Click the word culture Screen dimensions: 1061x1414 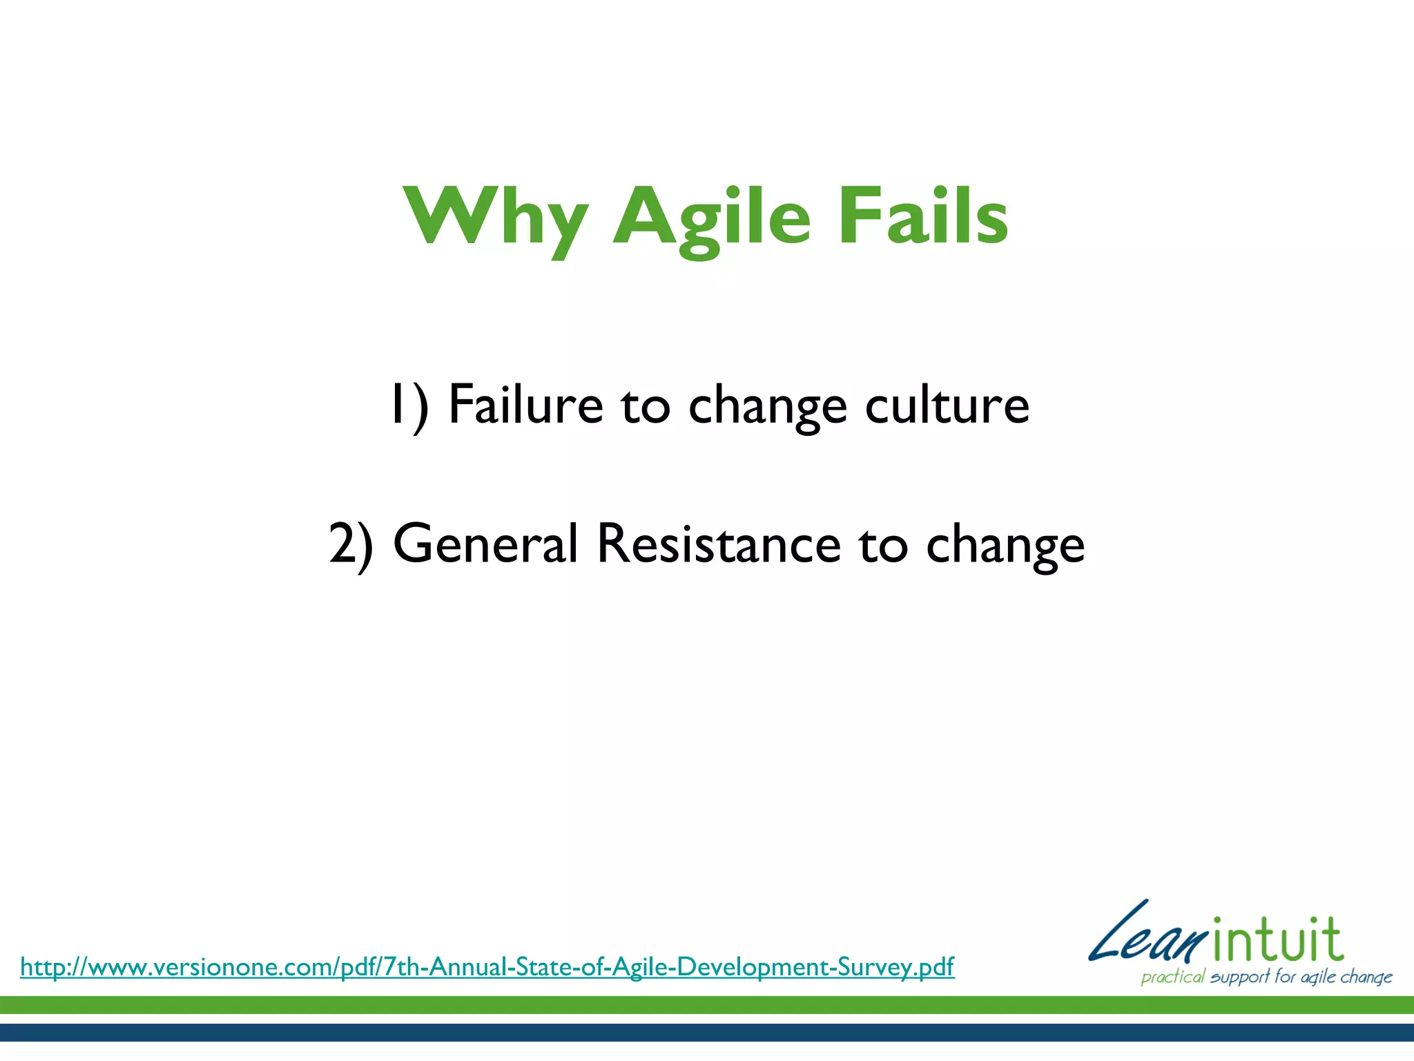tap(947, 405)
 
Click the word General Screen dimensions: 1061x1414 tap(485, 544)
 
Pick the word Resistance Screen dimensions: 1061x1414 tap(718, 544)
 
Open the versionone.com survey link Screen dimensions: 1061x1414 tap(487, 966)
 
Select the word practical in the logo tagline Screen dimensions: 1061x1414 tap(1172, 977)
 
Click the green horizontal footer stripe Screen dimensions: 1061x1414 tap(707, 1005)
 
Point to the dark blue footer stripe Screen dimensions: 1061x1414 tap(707, 1033)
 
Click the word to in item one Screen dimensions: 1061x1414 tap(645, 406)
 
